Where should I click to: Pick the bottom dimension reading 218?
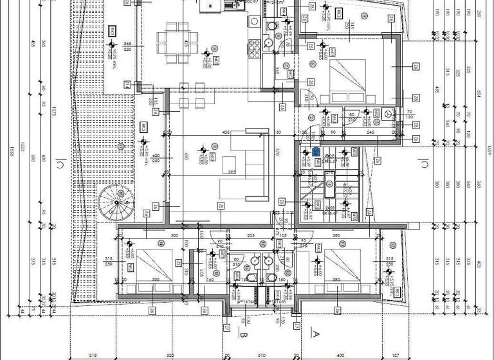click(x=93, y=355)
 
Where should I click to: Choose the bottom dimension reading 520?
click(x=170, y=355)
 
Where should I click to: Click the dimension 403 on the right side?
click(x=479, y=264)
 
